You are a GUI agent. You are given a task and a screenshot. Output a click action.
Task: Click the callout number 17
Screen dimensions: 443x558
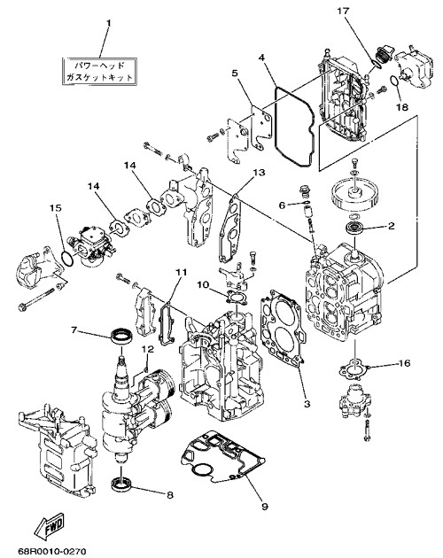[343, 11]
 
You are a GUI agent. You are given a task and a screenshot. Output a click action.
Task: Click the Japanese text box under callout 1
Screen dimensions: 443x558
[100, 71]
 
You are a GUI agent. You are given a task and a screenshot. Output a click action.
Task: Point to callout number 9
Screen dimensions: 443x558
[264, 507]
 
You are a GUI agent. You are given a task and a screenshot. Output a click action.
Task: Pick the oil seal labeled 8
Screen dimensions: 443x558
[122, 485]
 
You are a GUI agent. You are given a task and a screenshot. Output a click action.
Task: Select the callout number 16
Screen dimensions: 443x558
[405, 363]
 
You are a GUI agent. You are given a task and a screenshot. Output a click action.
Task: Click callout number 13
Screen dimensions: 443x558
[260, 172]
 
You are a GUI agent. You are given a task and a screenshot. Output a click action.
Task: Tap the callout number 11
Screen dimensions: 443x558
[181, 272]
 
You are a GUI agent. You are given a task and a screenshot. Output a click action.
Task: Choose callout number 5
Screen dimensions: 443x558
[234, 74]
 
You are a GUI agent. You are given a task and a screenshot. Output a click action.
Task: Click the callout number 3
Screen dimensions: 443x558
[307, 404]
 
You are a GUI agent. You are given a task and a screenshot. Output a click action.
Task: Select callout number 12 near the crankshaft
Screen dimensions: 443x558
[148, 349]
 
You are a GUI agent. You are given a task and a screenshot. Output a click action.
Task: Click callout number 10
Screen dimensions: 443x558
[203, 284]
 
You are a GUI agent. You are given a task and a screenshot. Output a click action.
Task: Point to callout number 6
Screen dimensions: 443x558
[282, 205]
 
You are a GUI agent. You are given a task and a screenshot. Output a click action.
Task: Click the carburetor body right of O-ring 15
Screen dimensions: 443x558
[92, 242]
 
